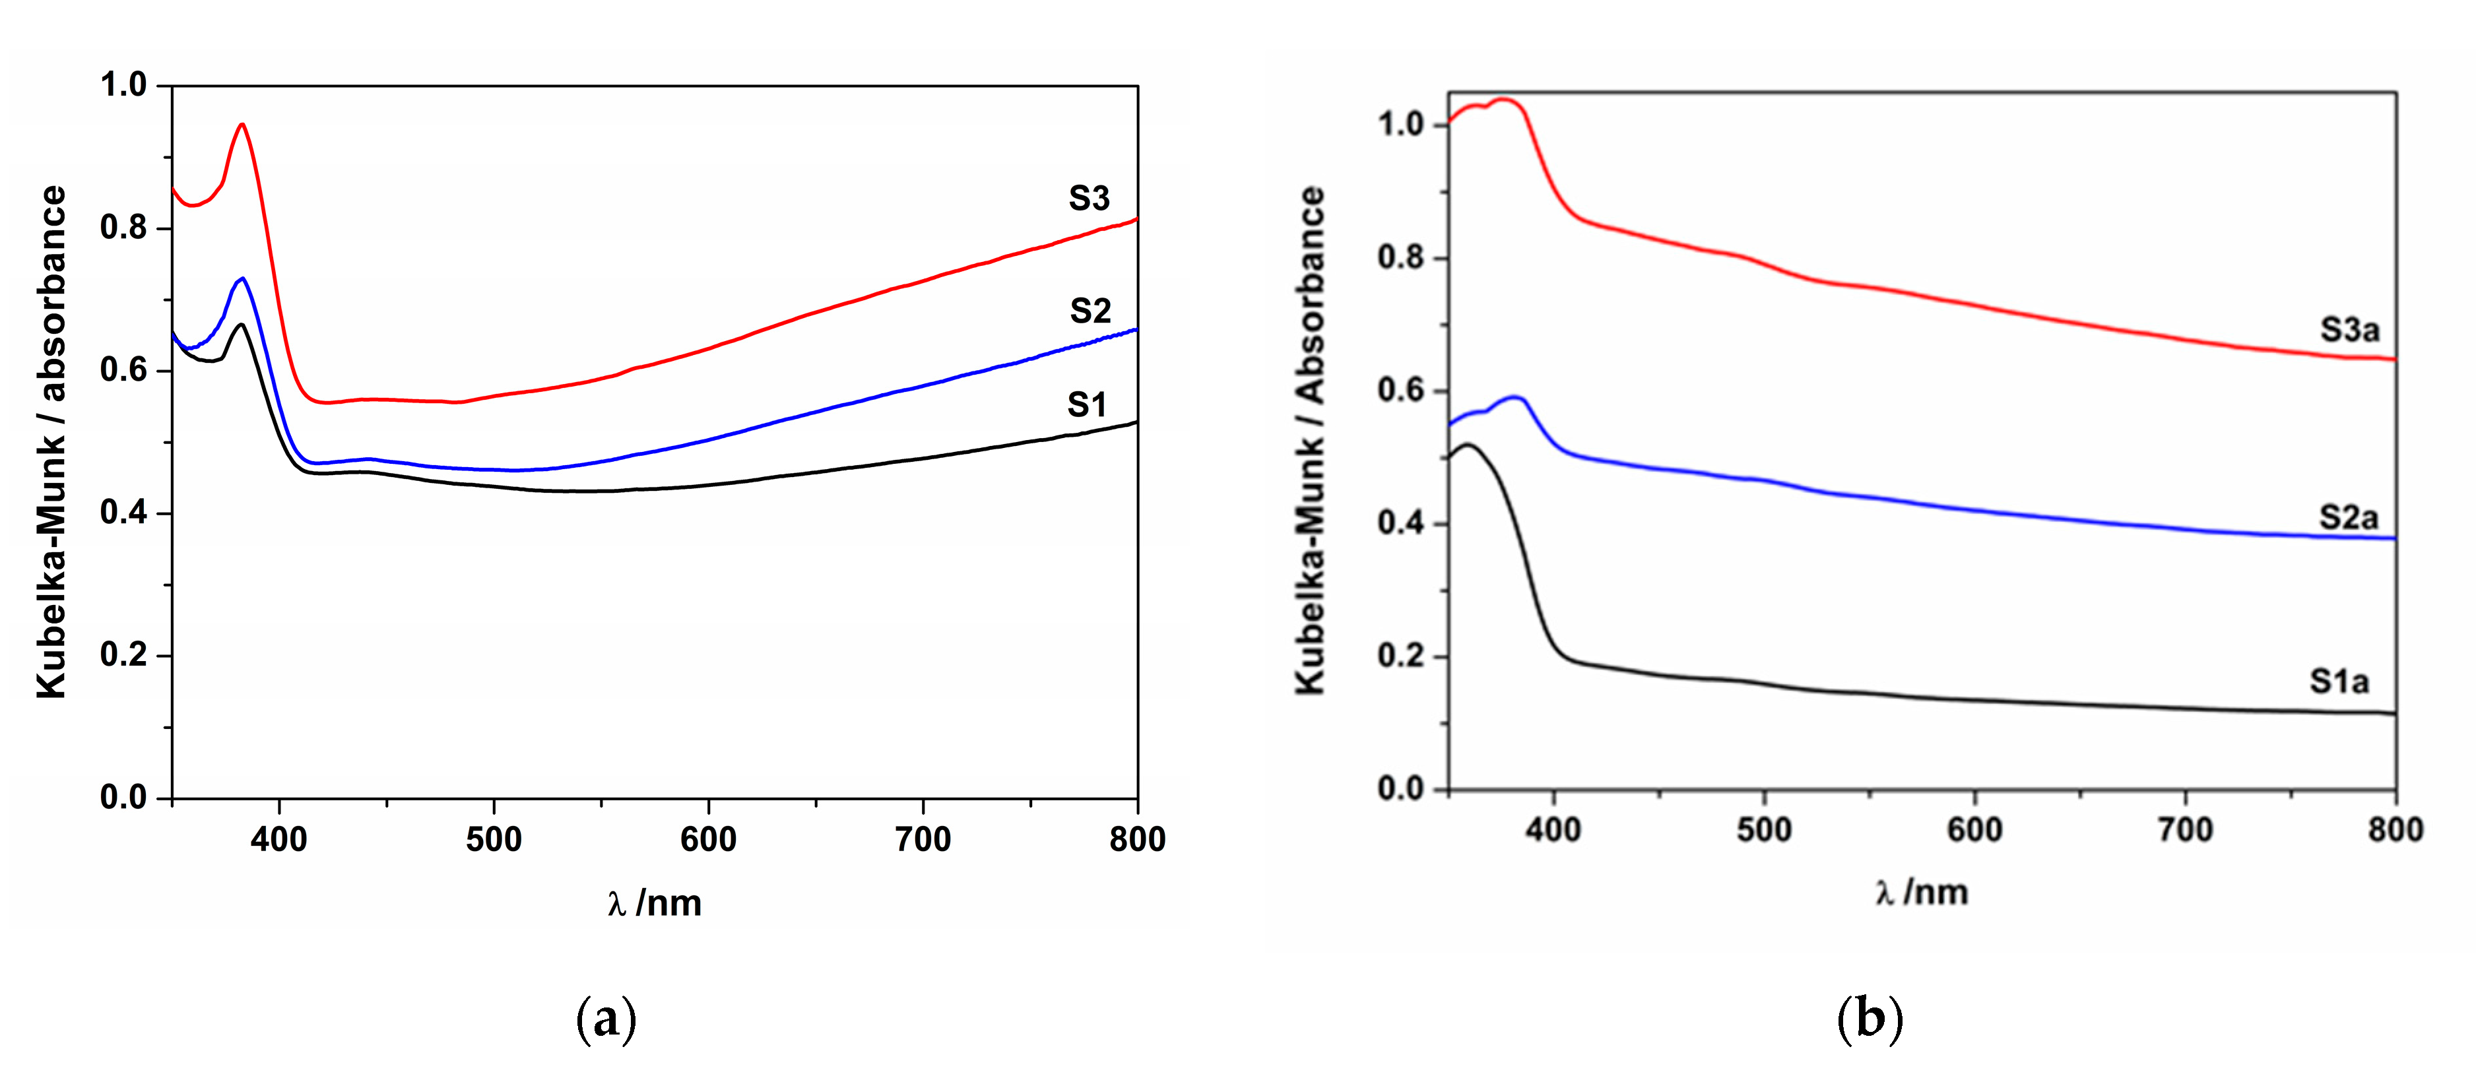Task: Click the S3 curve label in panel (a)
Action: pyautogui.click(x=1089, y=199)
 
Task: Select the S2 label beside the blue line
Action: pyautogui.click(x=1090, y=311)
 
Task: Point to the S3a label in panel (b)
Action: pyautogui.click(x=2349, y=331)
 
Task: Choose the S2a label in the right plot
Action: pyautogui.click(x=2348, y=518)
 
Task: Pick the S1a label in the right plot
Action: pyautogui.click(x=2339, y=682)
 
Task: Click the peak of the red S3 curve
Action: pyautogui.click(x=242, y=124)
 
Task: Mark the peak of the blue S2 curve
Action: pyautogui.click(x=242, y=278)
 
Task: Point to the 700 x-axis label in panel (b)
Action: pyautogui.click(x=2186, y=829)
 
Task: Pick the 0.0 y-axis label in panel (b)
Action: pyautogui.click(x=1400, y=789)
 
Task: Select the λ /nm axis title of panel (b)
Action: pyautogui.click(x=1922, y=893)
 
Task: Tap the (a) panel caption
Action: pyautogui.click(x=606, y=1019)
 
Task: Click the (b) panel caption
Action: pyautogui.click(x=1870, y=1019)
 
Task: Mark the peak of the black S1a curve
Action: pyautogui.click(x=1467, y=445)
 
